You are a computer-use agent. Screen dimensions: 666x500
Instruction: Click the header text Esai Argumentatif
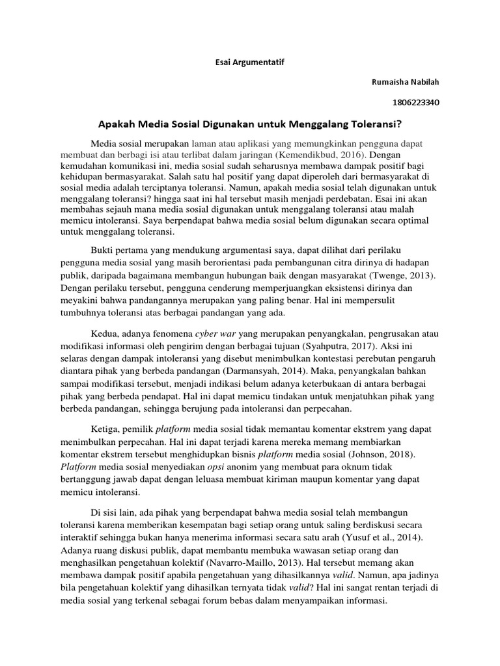250,62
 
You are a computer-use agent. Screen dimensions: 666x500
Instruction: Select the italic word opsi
219,467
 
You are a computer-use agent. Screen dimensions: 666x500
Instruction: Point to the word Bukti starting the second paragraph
102,250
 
